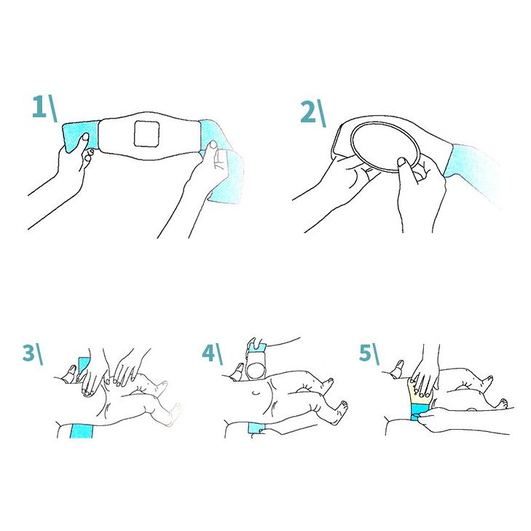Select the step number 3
click(x=29, y=353)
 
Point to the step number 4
click(x=208, y=353)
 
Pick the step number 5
click(x=365, y=353)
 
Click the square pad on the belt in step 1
click(x=146, y=134)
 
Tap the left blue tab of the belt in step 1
click(x=80, y=137)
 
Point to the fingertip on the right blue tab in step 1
click(x=213, y=145)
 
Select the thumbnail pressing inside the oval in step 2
click(x=402, y=162)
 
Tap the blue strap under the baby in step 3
click(x=82, y=430)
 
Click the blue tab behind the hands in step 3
click(x=83, y=365)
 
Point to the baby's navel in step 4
click(x=256, y=393)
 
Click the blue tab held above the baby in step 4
click(x=258, y=347)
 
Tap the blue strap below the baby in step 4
click(x=256, y=428)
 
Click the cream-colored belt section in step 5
click(x=420, y=391)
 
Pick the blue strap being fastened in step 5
click(x=420, y=412)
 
